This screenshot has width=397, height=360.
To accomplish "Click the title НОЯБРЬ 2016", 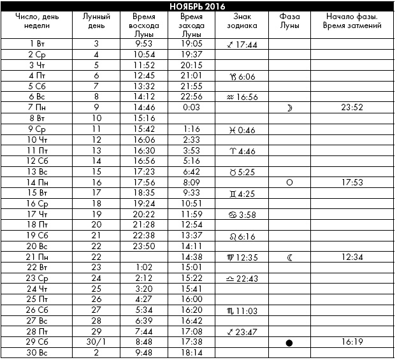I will click(x=198, y=6).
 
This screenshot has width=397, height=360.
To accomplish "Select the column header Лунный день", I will click(x=96, y=21).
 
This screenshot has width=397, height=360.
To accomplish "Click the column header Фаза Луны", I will click(x=289, y=21).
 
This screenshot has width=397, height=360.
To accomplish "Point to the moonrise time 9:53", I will click(x=146, y=43).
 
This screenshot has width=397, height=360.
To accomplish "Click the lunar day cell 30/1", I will click(x=96, y=342).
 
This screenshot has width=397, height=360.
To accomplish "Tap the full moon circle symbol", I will click(x=289, y=182).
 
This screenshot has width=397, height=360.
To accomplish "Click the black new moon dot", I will click(x=289, y=343).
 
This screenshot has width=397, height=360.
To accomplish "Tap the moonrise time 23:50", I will click(x=146, y=246).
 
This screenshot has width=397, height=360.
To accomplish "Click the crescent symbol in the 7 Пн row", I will click(x=289, y=108).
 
